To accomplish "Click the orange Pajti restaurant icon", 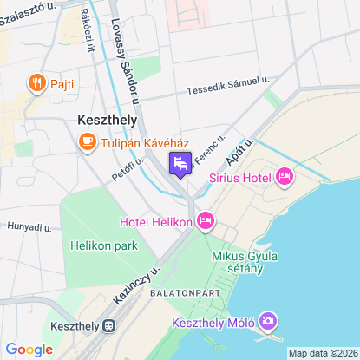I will [36, 83].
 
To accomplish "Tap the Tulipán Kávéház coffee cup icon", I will [88, 141].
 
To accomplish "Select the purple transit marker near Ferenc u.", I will [180, 163].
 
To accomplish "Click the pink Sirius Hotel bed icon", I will [284, 177].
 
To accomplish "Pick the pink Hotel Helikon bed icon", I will [206, 221].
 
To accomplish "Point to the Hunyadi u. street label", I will [29, 226].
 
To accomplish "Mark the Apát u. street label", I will [242, 152].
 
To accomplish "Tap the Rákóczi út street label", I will [86, 33].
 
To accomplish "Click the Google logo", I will [29, 350].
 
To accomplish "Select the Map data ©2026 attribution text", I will [323, 353].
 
